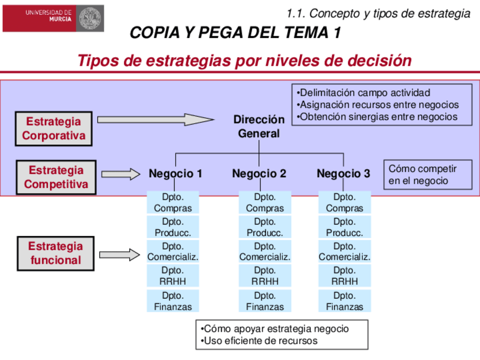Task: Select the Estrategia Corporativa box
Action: point(54,128)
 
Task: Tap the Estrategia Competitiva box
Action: point(56,177)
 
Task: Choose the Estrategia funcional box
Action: point(56,254)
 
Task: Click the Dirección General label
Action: point(259,127)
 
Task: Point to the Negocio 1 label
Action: point(175,174)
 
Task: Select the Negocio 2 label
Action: point(259,174)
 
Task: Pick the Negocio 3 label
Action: point(344,174)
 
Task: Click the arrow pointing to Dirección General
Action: point(156,120)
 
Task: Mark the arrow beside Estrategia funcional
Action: point(119,255)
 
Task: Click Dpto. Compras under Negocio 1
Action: point(173,203)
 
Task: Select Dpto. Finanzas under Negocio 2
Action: point(265,301)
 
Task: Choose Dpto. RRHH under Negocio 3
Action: point(345,276)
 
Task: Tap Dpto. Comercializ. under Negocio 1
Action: point(173,251)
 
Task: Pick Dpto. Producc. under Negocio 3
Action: point(345,227)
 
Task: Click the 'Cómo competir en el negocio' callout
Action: point(428,174)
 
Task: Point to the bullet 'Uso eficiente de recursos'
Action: point(260,341)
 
